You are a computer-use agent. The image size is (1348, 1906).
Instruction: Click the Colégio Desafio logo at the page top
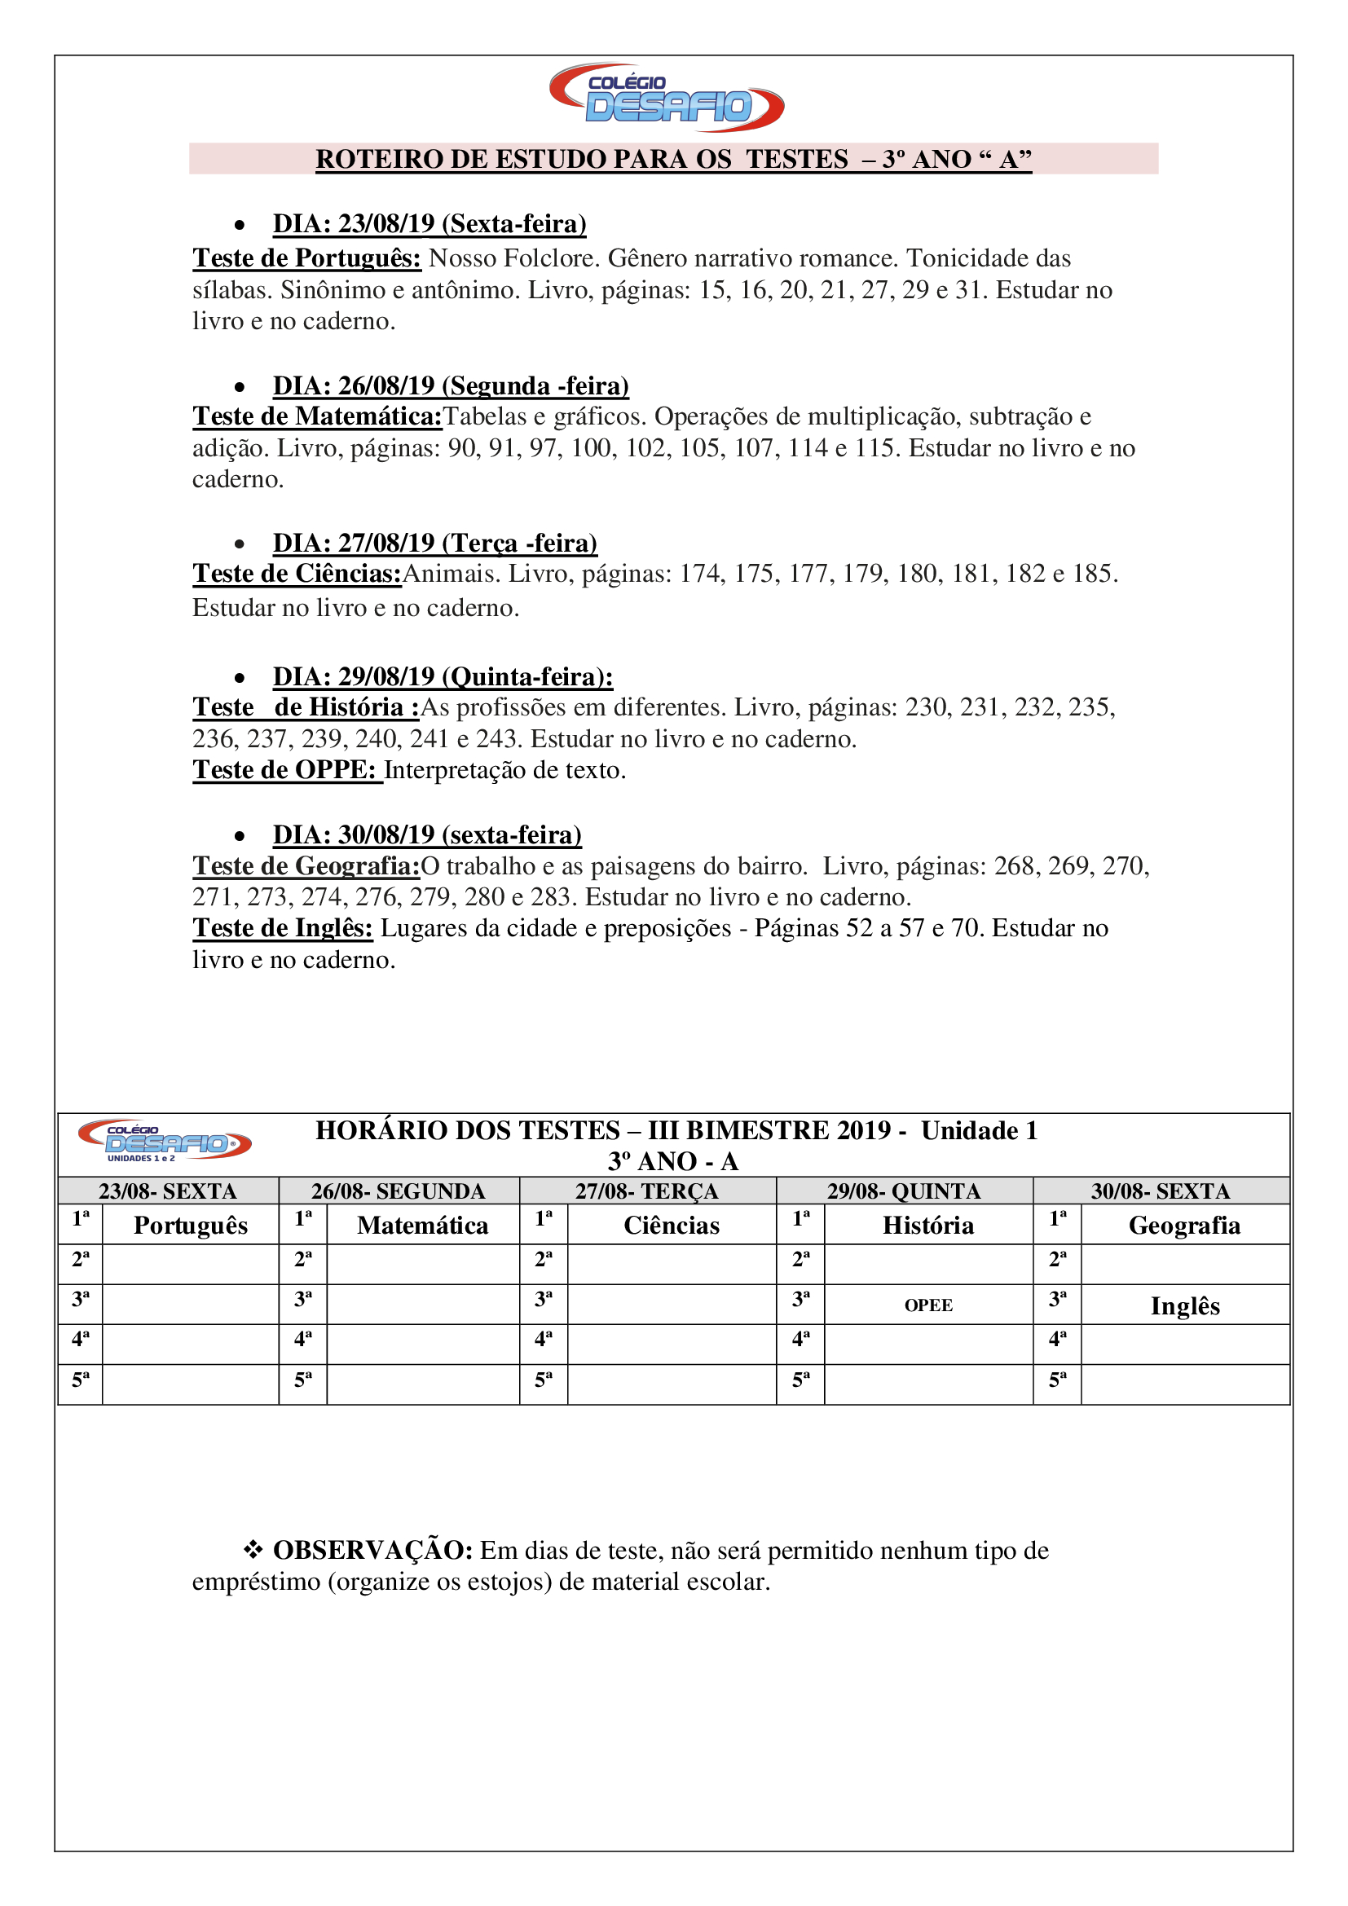tap(667, 98)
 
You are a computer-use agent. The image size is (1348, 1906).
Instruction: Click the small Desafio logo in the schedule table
tap(165, 1142)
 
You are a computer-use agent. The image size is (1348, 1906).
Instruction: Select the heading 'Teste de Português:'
tap(307, 258)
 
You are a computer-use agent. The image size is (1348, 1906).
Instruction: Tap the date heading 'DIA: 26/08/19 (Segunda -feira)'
tap(451, 386)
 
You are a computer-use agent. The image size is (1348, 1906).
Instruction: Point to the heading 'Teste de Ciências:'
tap(297, 574)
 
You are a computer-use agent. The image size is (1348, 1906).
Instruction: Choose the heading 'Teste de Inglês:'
tap(283, 928)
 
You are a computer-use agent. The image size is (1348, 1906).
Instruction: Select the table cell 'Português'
tap(191, 1226)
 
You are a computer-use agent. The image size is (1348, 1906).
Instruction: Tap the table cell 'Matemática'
tap(422, 1226)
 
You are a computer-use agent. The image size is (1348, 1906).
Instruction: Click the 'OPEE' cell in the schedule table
tap(928, 1305)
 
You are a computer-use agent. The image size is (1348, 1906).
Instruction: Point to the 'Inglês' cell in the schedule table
tap(1184, 1305)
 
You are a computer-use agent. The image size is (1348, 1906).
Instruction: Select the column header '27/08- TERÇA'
tap(646, 1191)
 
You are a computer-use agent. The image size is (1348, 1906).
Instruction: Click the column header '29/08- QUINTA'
tap(904, 1191)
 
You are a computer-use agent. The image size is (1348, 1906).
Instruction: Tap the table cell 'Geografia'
tap(1184, 1226)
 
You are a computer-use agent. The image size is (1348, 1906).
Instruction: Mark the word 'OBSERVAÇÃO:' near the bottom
tap(372, 1550)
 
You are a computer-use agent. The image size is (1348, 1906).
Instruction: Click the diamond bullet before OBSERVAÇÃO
tap(253, 1549)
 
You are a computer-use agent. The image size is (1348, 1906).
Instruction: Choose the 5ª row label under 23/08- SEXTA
tap(81, 1380)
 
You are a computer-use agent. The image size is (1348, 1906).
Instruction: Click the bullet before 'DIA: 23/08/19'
tap(240, 225)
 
